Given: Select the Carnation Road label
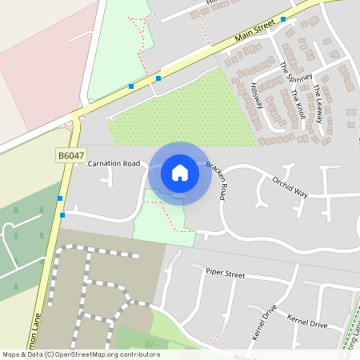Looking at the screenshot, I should click(114, 164).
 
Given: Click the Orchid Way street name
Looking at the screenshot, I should click(290, 186).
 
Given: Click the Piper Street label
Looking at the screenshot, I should click(225, 274).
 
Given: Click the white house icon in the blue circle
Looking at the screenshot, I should click(180, 172).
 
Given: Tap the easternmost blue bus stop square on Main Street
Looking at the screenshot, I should click(283, 19).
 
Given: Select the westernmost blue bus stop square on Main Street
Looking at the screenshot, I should click(131, 86).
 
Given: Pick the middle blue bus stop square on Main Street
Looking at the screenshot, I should click(158, 78).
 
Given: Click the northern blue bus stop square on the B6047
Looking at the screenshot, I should click(60, 198).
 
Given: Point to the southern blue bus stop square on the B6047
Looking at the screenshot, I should click(62, 214).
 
